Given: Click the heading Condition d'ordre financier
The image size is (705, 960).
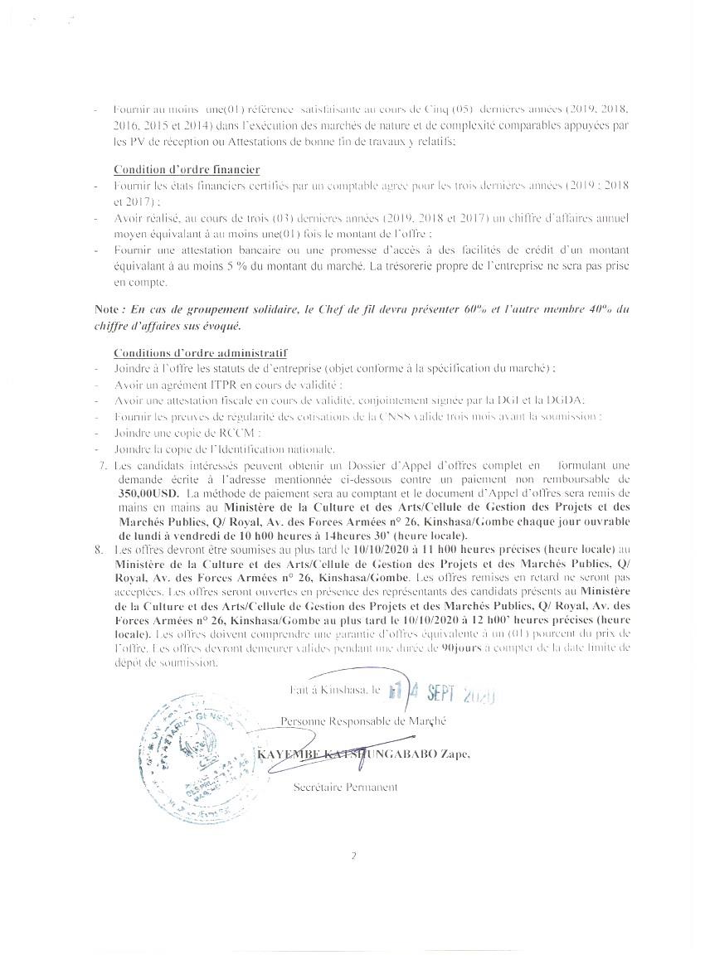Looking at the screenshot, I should click(x=187, y=170).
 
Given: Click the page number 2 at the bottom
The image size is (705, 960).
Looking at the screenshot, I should click(x=352, y=856).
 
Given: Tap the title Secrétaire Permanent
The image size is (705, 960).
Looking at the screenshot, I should click(x=345, y=788).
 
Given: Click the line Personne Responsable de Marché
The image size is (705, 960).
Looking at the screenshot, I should click(x=363, y=721).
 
